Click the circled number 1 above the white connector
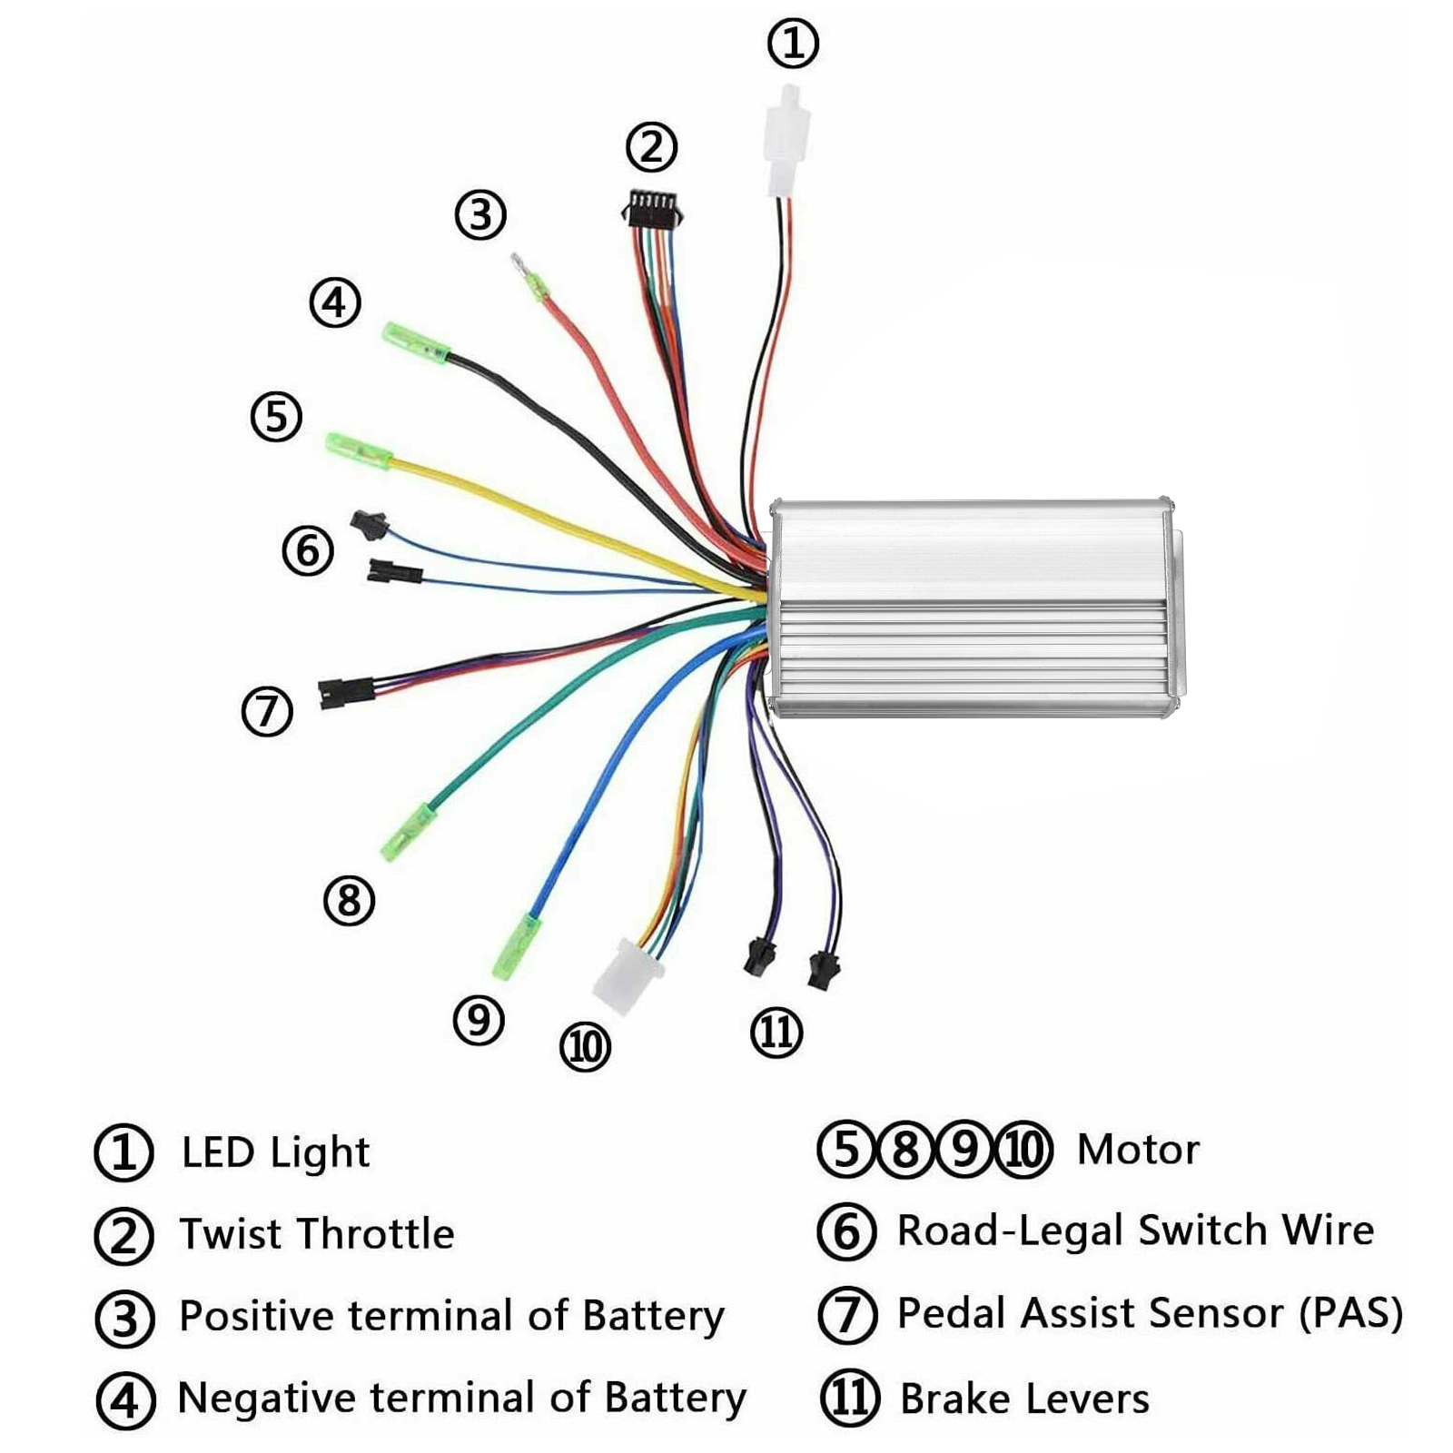coord(793,44)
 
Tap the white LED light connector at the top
coord(785,142)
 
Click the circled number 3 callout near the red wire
coord(480,215)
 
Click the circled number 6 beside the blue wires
coord(308,551)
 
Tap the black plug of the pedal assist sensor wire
coord(346,693)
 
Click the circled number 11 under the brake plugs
coord(776,1033)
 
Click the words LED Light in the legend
coord(275,1152)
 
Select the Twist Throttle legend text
coord(317,1234)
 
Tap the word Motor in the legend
coord(1138,1150)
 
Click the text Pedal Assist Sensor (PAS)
coord(1150,1313)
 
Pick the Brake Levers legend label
coord(1024,1399)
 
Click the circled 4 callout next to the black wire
coord(335,302)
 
